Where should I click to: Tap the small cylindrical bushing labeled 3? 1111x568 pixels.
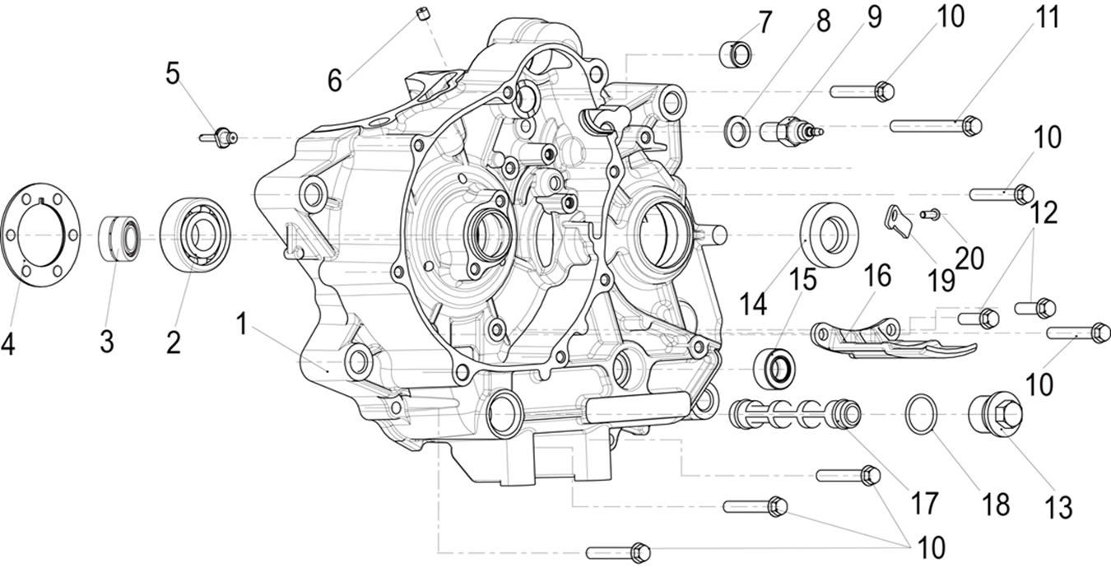click(x=120, y=237)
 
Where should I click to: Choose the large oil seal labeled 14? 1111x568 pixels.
click(x=830, y=233)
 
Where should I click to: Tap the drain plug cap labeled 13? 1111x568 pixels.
click(x=993, y=414)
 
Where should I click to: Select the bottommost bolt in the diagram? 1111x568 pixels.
click(x=618, y=551)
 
